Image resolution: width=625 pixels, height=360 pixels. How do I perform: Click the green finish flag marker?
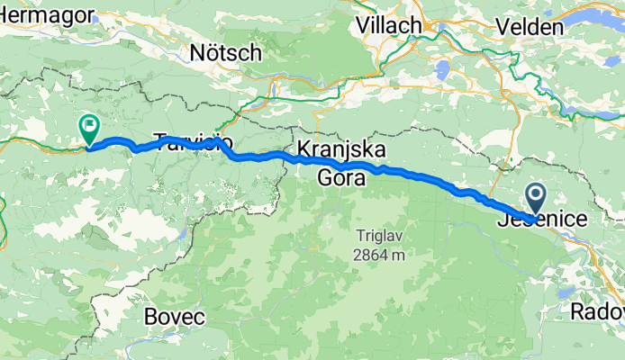click(90, 129)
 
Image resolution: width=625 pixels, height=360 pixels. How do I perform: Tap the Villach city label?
click(389, 25)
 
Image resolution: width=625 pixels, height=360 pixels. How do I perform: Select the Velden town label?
click(531, 27)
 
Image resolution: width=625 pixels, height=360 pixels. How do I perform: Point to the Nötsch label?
click(226, 53)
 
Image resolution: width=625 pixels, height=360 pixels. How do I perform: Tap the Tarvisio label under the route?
click(194, 142)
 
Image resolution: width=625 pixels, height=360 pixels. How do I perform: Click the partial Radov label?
click(599, 311)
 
